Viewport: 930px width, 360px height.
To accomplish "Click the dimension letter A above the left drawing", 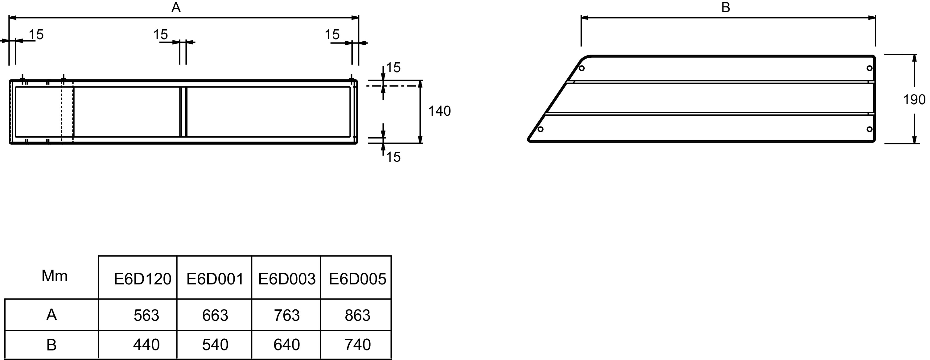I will click(x=176, y=7).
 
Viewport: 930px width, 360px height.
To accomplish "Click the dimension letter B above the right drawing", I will click(x=726, y=7).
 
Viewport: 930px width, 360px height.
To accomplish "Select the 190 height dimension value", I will click(x=914, y=100).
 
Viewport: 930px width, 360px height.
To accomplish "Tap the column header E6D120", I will click(x=142, y=279).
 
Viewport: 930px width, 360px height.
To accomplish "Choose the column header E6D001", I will click(x=215, y=279).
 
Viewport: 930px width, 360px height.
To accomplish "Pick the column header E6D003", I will click(x=287, y=279).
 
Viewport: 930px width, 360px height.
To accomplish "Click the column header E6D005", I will click(x=357, y=279).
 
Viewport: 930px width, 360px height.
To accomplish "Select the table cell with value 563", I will click(x=146, y=316).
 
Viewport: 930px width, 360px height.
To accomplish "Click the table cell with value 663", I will click(x=215, y=316).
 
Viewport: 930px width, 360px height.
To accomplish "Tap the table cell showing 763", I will click(x=287, y=316).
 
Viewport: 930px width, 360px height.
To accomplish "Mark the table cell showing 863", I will click(x=357, y=316).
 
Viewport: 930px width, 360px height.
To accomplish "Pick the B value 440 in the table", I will click(x=146, y=345).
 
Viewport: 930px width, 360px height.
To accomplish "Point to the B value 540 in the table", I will click(x=215, y=345).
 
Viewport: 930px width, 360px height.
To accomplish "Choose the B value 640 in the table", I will click(x=287, y=345).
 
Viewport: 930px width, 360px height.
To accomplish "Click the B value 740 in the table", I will click(x=357, y=345).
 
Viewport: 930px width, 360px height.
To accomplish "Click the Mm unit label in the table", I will click(x=55, y=276).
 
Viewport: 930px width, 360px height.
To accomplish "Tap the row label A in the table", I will click(x=51, y=315).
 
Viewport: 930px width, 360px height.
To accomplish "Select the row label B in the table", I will click(x=51, y=345).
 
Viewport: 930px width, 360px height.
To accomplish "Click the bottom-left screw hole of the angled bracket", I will click(x=541, y=129).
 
